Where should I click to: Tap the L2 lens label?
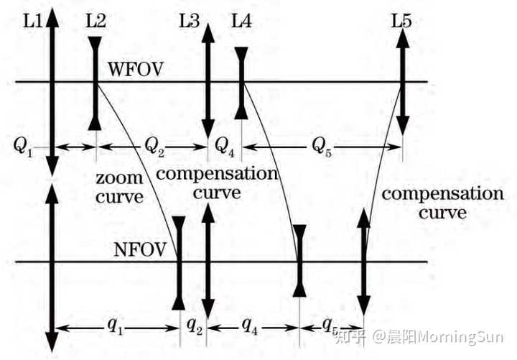[x=96, y=22]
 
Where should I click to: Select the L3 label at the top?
[x=189, y=22]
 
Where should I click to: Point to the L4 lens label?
[x=241, y=22]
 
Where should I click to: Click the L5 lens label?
[x=401, y=22]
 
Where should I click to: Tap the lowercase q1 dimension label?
[x=114, y=325]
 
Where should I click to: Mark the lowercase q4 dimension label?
[x=250, y=325]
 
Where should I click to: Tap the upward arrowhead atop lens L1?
[x=52, y=16]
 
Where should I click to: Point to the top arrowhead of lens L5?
[x=403, y=36]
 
